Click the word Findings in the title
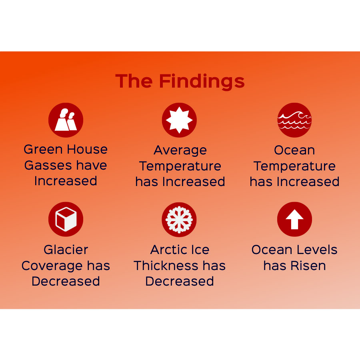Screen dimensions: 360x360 pos(202,81)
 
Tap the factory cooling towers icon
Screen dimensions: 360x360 pos(66,120)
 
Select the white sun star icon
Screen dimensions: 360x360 pos(179,120)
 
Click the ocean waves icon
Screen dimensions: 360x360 pos(294,120)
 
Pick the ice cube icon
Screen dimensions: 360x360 pos(66,219)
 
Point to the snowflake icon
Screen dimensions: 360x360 pos(179,220)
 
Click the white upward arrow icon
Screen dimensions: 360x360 pos(294,219)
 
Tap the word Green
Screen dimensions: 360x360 pos(43,149)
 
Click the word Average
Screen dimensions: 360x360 pos(180,150)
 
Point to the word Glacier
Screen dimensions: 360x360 pos(66,250)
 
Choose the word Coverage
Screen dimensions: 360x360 pos(52,266)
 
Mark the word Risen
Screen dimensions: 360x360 pos(308,266)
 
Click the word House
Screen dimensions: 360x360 pos(87,149)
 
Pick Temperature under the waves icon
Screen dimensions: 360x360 pos(294,166)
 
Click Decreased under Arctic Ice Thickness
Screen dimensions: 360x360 pos(180,281)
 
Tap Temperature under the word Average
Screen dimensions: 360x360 pos(180,166)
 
